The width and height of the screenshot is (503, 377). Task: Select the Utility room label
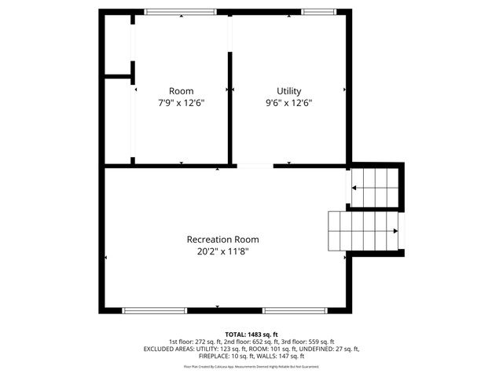coord(288,91)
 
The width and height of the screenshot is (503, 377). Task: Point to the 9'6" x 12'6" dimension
coord(288,103)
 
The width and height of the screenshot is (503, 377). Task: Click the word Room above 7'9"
coord(181,91)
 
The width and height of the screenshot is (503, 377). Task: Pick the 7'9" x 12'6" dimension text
coord(181,103)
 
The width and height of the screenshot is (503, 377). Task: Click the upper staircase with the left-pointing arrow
coord(377,188)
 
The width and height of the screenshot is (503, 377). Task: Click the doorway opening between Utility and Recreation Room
coord(255,166)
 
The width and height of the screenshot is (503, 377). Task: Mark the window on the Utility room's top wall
coord(317,12)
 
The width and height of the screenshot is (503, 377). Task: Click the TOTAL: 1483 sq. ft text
coord(251,333)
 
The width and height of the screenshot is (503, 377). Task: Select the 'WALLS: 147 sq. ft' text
coord(282,357)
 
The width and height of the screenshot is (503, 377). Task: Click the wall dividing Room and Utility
coord(229,106)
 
